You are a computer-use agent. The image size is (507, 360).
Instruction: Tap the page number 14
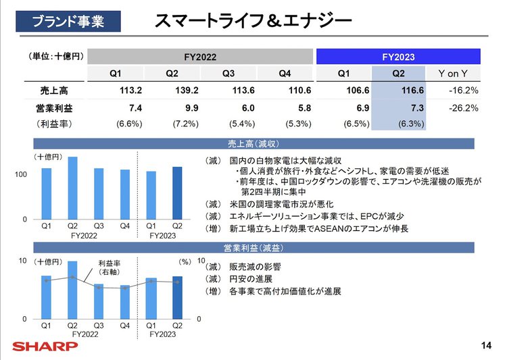[x=485, y=346]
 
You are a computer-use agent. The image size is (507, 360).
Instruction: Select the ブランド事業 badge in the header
[x=68, y=22]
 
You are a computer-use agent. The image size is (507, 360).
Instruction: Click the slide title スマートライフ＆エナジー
[x=253, y=22]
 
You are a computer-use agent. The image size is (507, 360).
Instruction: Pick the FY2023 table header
[x=398, y=57]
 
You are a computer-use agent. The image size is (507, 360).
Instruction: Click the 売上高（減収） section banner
[x=254, y=144]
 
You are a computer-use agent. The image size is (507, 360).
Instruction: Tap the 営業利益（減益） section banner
[x=254, y=247]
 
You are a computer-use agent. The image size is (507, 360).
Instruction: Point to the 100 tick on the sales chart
[x=20, y=175]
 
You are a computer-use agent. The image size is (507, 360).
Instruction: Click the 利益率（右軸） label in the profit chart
[x=110, y=267]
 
